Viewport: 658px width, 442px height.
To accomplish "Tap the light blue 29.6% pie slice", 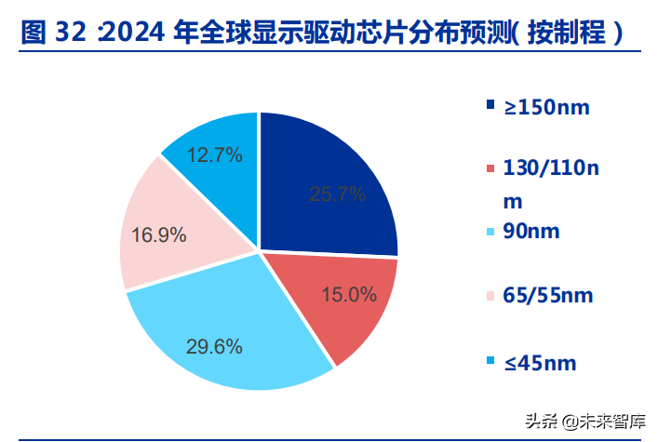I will click(x=233, y=335).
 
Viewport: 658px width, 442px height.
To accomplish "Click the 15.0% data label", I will click(x=349, y=295).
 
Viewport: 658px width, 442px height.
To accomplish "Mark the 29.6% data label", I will click(x=215, y=347).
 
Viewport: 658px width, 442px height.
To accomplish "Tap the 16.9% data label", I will click(x=159, y=234).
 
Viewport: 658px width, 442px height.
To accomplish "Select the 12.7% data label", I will click(x=215, y=154).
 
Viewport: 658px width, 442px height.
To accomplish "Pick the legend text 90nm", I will click(x=531, y=231).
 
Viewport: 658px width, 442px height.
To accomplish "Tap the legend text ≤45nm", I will click(x=541, y=362).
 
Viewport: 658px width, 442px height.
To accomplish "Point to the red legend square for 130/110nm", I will click(x=490, y=168).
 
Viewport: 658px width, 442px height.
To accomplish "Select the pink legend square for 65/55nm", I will click(x=490, y=296).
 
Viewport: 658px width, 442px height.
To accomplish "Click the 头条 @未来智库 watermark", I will click(x=586, y=421).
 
